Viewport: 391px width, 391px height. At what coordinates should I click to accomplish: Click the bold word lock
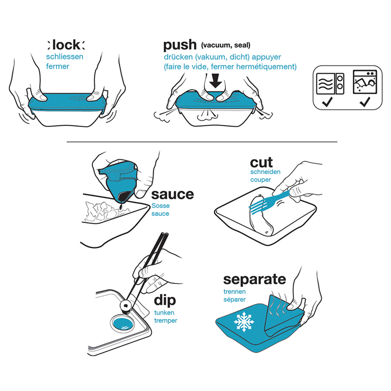click(x=66, y=45)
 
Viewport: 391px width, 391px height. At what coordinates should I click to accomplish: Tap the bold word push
click(x=180, y=45)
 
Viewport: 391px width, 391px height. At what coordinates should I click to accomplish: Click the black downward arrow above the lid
click(x=215, y=81)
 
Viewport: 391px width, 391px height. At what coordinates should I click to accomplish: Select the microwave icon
click(x=330, y=84)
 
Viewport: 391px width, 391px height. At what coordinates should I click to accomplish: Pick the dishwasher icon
click(x=365, y=82)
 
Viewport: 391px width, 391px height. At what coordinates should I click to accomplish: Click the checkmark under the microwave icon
click(x=327, y=102)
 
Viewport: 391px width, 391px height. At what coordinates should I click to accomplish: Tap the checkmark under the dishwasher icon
click(x=365, y=102)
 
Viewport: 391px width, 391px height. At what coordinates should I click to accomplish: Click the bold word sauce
click(x=172, y=194)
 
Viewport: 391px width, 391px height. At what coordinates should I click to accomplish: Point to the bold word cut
click(x=261, y=163)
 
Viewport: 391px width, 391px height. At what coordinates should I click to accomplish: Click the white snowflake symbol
click(x=244, y=321)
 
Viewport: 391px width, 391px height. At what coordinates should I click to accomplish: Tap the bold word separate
click(x=255, y=280)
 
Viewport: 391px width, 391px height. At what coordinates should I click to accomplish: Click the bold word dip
click(x=165, y=300)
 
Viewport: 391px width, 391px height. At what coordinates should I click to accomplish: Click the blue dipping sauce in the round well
click(x=122, y=324)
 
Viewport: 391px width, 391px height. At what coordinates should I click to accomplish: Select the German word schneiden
click(x=265, y=172)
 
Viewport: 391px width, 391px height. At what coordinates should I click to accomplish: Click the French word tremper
click(x=165, y=321)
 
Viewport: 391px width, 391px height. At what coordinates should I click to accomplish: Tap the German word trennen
click(x=234, y=292)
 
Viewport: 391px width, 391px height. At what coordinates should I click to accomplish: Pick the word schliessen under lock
click(x=65, y=57)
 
